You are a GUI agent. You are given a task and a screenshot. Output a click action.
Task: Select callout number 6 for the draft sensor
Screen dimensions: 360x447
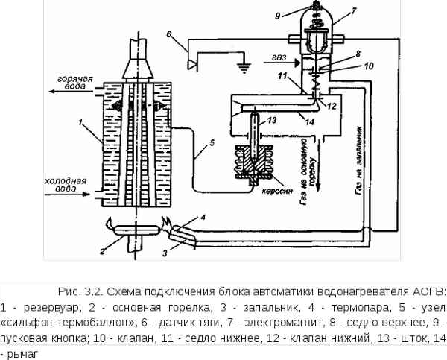pyautogui.click(x=170, y=34)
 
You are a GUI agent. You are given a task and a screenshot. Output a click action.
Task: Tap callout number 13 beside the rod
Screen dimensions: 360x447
pyautogui.click(x=272, y=120)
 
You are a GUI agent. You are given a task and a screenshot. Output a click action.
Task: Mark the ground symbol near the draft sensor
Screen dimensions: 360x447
pyautogui.click(x=241, y=69)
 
